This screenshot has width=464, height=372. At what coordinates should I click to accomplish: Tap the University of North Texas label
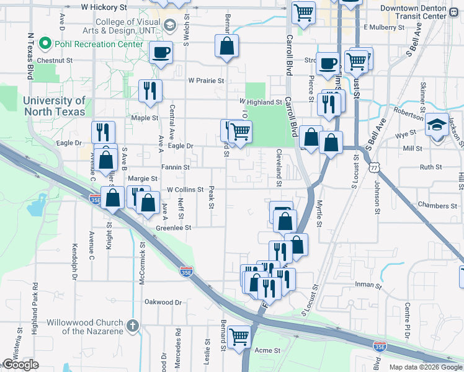(55, 106)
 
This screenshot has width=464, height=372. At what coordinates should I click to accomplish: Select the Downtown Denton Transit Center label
(414, 11)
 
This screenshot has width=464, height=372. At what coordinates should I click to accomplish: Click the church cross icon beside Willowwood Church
(132, 325)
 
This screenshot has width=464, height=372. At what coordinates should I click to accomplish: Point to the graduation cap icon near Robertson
(437, 124)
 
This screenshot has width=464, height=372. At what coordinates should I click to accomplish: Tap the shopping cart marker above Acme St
(239, 337)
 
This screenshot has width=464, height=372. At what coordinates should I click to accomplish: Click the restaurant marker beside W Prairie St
(149, 91)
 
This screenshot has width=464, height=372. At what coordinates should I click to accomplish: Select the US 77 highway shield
(374, 167)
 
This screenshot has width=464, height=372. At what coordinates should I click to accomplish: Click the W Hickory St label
(104, 7)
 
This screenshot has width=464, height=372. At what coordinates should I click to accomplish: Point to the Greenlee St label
(173, 228)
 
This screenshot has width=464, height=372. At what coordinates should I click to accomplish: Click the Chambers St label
(437, 205)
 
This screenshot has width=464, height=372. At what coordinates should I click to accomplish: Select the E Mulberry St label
(384, 27)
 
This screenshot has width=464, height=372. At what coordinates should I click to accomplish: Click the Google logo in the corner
(20, 365)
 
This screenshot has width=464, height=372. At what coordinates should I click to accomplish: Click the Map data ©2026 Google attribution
(425, 367)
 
